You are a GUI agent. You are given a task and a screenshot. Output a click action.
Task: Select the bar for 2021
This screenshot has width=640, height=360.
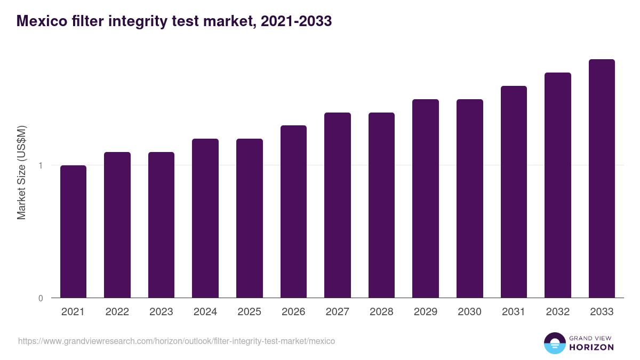(x=73, y=231)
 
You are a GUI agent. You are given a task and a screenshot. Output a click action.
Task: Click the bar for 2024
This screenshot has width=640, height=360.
(x=205, y=218)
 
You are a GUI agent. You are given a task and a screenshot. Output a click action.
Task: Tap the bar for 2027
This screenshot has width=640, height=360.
(x=338, y=205)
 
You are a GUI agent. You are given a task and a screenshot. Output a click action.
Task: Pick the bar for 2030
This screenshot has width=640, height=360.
(x=470, y=198)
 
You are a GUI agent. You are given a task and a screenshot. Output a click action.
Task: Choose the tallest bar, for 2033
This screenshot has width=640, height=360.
(x=602, y=178)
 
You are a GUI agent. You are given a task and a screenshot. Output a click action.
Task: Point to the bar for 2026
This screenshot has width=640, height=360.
(x=293, y=211)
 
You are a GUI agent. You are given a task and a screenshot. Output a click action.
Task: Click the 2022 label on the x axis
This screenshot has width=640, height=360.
(x=117, y=312)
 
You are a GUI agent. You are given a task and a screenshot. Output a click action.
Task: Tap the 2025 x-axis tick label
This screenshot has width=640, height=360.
(x=249, y=312)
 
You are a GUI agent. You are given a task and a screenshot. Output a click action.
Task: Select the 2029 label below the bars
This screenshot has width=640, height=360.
(x=426, y=312)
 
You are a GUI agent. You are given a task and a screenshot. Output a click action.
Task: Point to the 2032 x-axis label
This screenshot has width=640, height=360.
(x=558, y=312)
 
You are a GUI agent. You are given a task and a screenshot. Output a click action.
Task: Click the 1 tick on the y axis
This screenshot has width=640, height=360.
(x=40, y=165)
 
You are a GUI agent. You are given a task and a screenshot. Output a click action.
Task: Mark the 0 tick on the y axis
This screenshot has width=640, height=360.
(x=40, y=298)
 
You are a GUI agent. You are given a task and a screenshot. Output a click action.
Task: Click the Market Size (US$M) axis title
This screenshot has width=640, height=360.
(x=22, y=172)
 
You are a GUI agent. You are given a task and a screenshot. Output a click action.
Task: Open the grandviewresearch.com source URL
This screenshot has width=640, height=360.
(x=177, y=341)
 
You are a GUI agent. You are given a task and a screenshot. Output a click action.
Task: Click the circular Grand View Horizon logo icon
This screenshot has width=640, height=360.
(x=554, y=343)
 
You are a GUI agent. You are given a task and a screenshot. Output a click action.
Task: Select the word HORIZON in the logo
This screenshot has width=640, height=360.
(x=591, y=347)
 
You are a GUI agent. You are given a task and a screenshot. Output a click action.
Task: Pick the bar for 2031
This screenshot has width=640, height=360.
(x=514, y=191)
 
